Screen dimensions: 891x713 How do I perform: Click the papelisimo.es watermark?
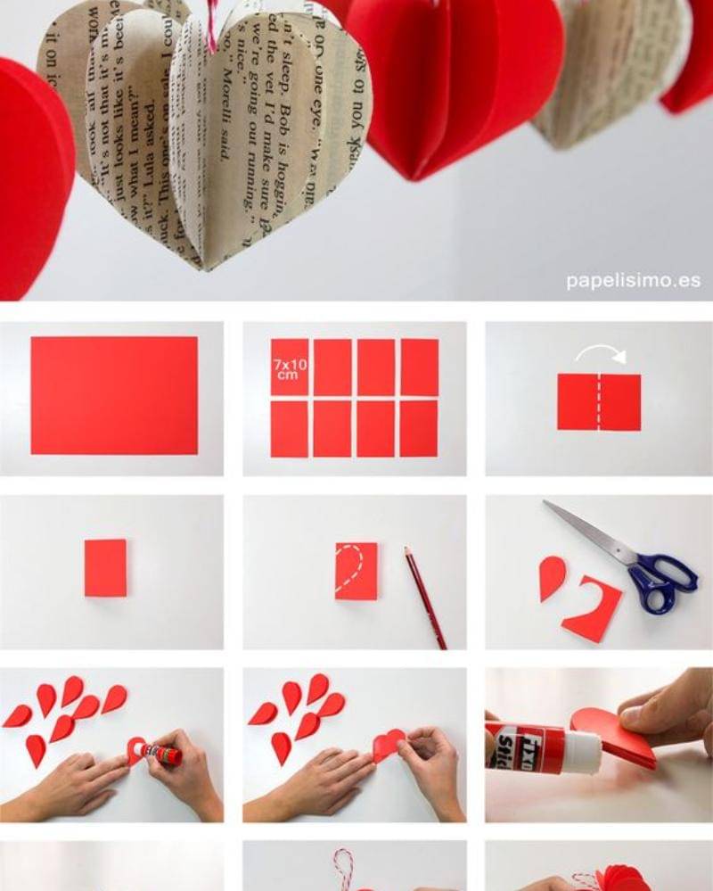pos(633,281)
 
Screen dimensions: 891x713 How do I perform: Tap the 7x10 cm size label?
pos(287,369)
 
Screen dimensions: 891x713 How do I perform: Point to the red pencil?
pos(425,598)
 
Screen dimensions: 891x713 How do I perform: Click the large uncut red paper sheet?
pos(114,395)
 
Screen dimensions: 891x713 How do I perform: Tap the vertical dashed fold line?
pos(599,402)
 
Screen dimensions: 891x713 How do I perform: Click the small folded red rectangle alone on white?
pos(105,567)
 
